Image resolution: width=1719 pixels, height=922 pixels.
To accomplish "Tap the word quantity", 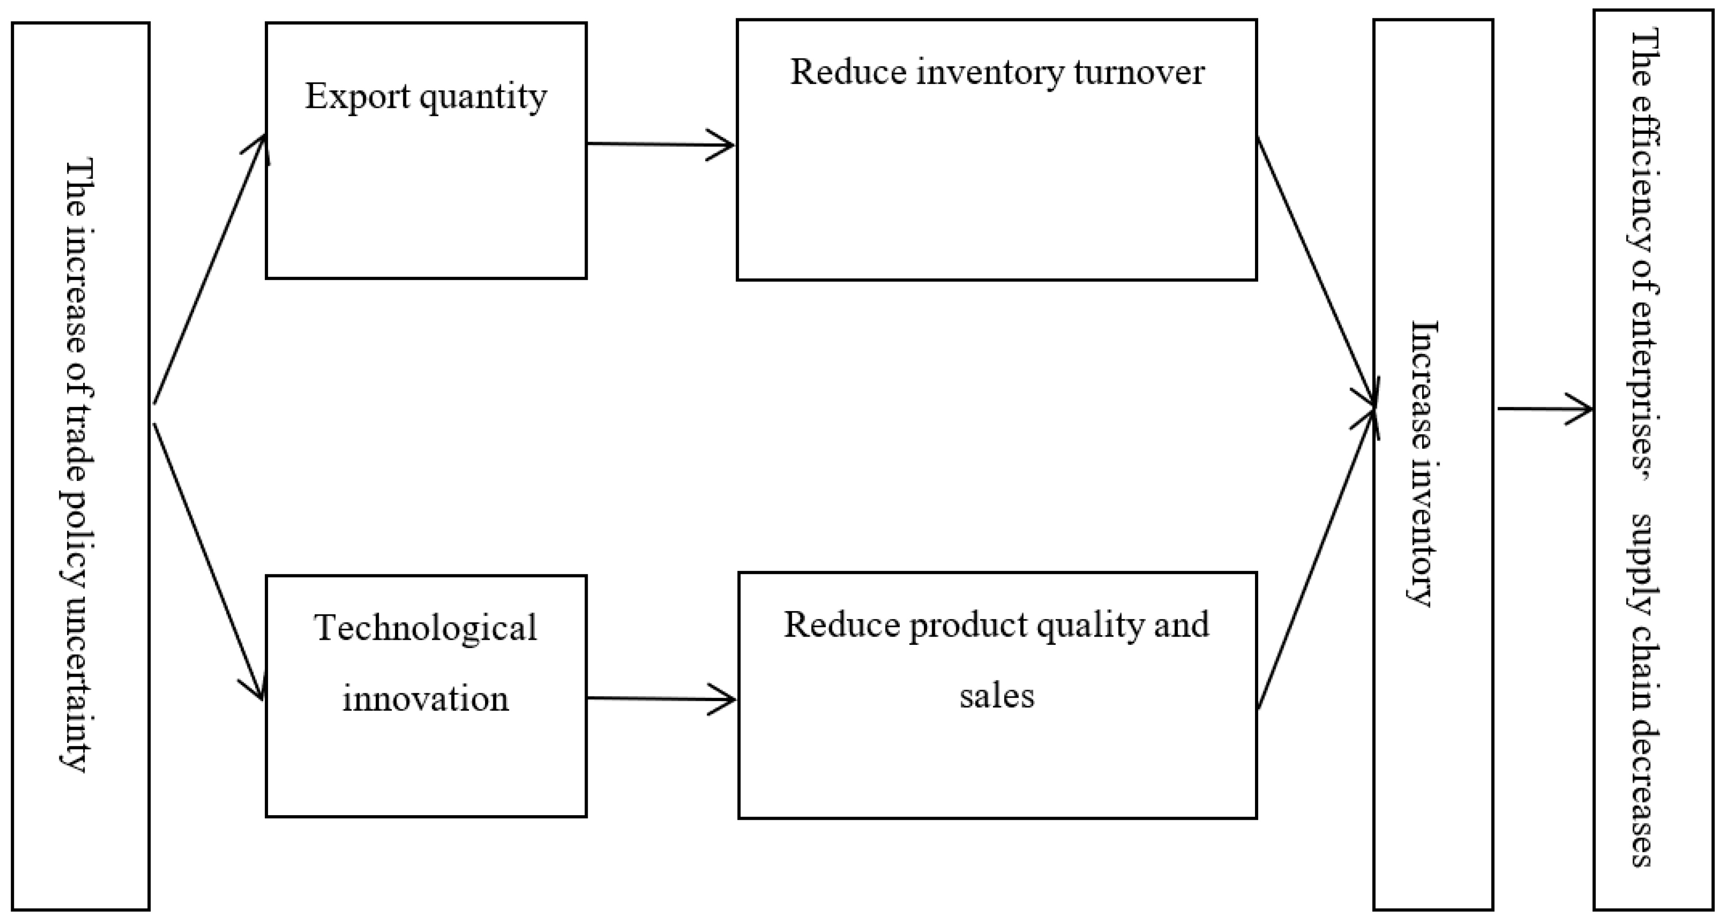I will coord(483,97).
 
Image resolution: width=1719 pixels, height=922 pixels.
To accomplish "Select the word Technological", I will coord(426,628).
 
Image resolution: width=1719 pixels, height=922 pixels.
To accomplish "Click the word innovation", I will coord(426,699).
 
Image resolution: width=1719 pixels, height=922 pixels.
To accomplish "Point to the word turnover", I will coord(1139,72).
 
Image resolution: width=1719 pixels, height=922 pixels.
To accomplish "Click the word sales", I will coord(997,696).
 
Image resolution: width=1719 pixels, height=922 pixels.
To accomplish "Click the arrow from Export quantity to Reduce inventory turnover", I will coord(661,144).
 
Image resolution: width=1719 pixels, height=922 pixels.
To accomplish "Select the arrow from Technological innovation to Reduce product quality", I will coord(661,699).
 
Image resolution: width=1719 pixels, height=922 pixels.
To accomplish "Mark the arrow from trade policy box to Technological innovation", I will coord(208,560).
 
